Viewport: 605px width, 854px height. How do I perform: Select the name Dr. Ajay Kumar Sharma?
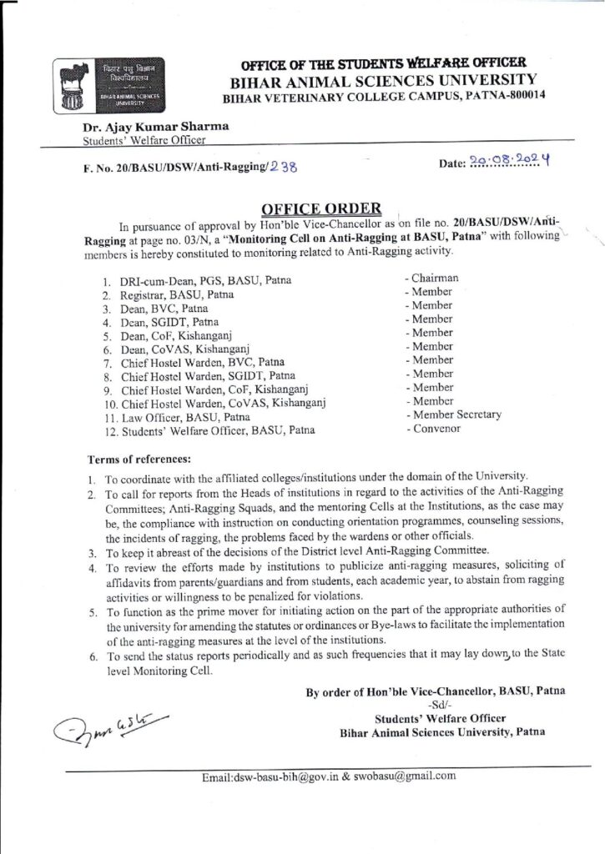[155, 127]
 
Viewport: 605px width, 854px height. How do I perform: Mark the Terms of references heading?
[139, 459]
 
